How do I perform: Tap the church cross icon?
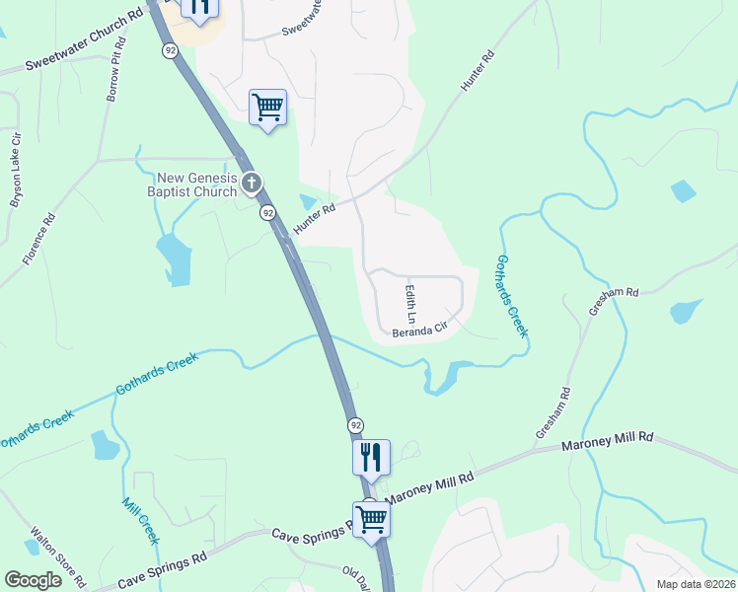(x=252, y=183)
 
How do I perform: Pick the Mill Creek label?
(x=139, y=520)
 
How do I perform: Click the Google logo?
(x=34, y=580)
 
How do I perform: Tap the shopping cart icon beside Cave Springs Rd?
(x=372, y=517)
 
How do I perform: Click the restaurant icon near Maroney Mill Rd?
(x=371, y=457)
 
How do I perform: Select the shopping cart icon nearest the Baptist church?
(x=268, y=106)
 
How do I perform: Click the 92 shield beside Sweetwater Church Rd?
(x=171, y=50)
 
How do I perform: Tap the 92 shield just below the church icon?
(x=267, y=212)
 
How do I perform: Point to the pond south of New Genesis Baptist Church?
(x=174, y=259)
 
